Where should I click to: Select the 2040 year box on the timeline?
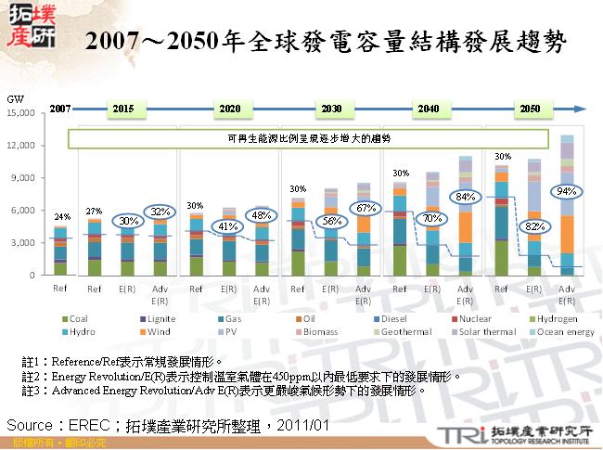(x=428, y=109)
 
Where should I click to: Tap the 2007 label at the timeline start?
(x=61, y=109)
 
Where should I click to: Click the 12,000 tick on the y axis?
(x=20, y=146)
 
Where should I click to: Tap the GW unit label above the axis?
(x=15, y=98)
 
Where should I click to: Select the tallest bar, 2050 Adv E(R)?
(x=566, y=205)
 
